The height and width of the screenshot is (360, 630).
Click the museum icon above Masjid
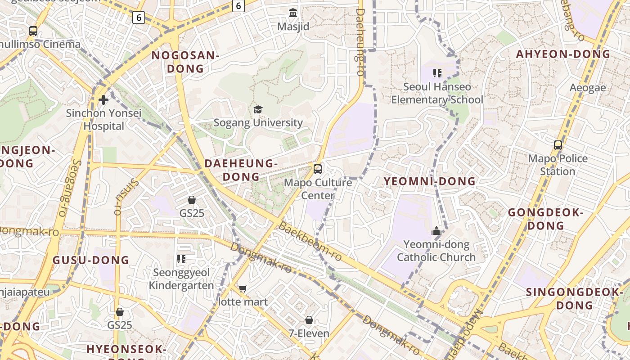293,13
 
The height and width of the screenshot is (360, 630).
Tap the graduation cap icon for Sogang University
258,109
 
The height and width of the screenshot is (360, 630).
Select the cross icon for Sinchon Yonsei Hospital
103,100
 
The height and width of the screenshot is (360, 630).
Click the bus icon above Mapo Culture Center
318,169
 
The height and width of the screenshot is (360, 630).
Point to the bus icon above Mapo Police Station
558,145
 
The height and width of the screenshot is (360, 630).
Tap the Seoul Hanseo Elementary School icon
437,73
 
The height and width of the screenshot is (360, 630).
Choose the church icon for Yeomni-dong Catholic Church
436,231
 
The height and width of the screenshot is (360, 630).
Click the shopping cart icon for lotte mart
243,288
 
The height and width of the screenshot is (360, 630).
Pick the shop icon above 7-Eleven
309,320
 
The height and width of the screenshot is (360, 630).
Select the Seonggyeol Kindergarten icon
181,259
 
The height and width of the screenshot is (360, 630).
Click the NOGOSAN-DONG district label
185,62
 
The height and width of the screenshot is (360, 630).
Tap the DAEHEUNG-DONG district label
241,170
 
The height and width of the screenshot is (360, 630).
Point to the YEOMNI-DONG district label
429,181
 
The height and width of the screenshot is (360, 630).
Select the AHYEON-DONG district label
563,54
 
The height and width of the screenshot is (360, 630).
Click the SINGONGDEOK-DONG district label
574,299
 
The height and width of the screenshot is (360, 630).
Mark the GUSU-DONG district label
91,260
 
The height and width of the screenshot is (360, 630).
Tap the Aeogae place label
588,88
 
